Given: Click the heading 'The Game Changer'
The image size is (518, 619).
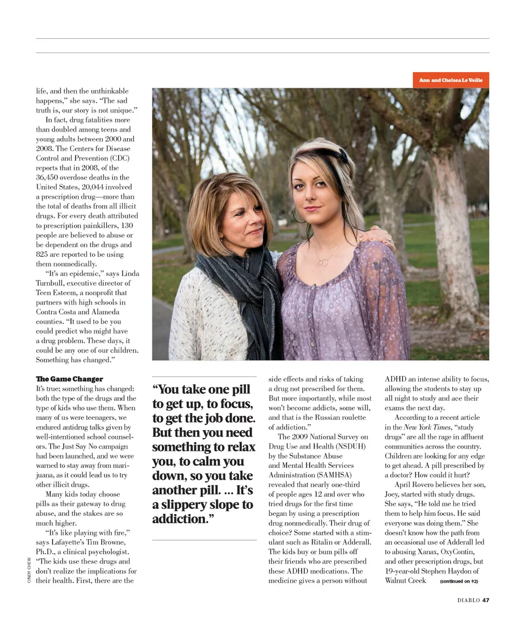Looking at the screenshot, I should (x=69, y=379).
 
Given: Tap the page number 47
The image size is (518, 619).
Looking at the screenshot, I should (x=486, y=600).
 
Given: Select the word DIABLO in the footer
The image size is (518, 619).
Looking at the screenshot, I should (x=468, y=600).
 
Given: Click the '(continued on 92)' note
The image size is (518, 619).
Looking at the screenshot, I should (x=459, y=581).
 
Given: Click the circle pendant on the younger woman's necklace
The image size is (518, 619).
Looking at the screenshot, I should (x=322, y=262).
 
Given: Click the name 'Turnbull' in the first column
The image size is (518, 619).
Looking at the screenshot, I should (x=50, y=283).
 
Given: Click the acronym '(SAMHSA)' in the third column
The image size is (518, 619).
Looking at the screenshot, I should (x=332, y=475).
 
